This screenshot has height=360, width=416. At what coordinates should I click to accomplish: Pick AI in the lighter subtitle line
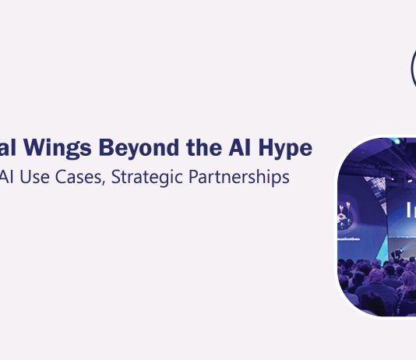(8, 177)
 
